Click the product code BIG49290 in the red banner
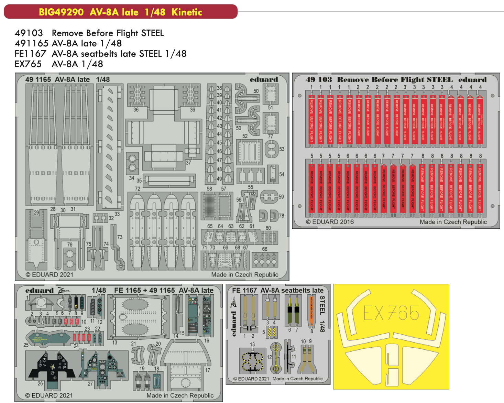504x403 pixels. pyautogui.click(x=61, y=12)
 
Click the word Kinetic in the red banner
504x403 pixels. pyautogui.click(x=187, y=12)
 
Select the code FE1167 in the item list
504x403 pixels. pyautogui.click(x=30, y=54)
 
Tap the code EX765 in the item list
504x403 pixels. pyautogui.click(x=28, y=64)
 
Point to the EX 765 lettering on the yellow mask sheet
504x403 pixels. pyautogui.click(x=391, y=313)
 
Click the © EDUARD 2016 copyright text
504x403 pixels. pyautogui.click(x=330, y=222)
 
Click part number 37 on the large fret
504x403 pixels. pyautogui.click(x=188, y=163)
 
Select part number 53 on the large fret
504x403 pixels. pyautogui.click(x=282, y=149)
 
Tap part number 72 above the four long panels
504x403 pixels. pyautogui.click(x=138, y=189)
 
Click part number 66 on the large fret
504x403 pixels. pyautogui.click(x=264, y=249)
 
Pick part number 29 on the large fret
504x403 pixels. pyautogui.click(x=36, y=213)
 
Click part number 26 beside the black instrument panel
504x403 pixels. pyautogui.click(x=40, y=383)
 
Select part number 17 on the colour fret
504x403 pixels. pyautogui.click(x=208, y=370)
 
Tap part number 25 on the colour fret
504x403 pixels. pyautogui.click(x=26, y=345)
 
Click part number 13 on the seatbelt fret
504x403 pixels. pyautogui.click(x=252, y=344)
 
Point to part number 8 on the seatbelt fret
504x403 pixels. pyautogui.click(x=312, y=331)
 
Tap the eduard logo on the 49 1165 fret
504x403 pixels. pyautogui.click(x=264, y=79)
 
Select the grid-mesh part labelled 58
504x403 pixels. pyautogui.click(x=209, y=206)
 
